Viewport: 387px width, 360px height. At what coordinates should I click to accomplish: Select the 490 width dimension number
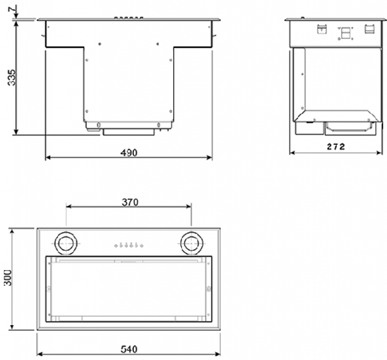pos(128,152)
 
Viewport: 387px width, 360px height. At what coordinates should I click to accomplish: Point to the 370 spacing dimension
pos(129,201)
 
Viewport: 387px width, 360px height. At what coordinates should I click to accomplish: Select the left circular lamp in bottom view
pos(66,244)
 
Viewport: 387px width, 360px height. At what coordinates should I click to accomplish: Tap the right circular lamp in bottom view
pos(191,244)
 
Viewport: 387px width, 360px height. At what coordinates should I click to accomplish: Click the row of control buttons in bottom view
pos(128,245)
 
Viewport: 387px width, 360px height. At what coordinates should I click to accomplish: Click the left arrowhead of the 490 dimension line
pos(47,157)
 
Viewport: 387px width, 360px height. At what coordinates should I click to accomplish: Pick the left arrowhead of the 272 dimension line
pos(292,152)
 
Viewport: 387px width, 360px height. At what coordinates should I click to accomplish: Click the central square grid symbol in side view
pos(345,34)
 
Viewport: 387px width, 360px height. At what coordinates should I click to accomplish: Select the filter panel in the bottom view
pos(129,289)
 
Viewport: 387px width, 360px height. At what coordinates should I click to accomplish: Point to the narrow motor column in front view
pos(129,84)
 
